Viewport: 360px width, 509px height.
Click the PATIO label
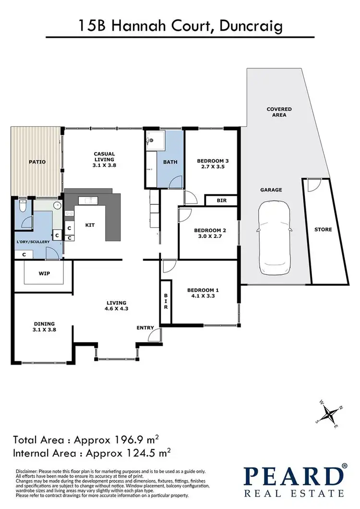tap(36, 162)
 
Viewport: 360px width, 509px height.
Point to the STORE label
tap(323, 229)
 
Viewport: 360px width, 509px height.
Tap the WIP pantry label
tap(45, 273)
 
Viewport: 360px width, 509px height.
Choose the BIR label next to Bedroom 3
tap(222, 200)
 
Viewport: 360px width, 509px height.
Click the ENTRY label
tap(145, 328)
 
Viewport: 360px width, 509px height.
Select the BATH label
tap(170, 162)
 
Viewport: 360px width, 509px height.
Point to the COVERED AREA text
tap(279, 112)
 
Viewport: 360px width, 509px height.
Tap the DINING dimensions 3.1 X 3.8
tap(44, 330)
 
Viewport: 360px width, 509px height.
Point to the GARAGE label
tap(272, 190)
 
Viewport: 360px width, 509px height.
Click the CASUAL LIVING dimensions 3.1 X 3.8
tap(104, 165)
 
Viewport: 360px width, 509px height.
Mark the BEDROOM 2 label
tap(208, 230)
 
